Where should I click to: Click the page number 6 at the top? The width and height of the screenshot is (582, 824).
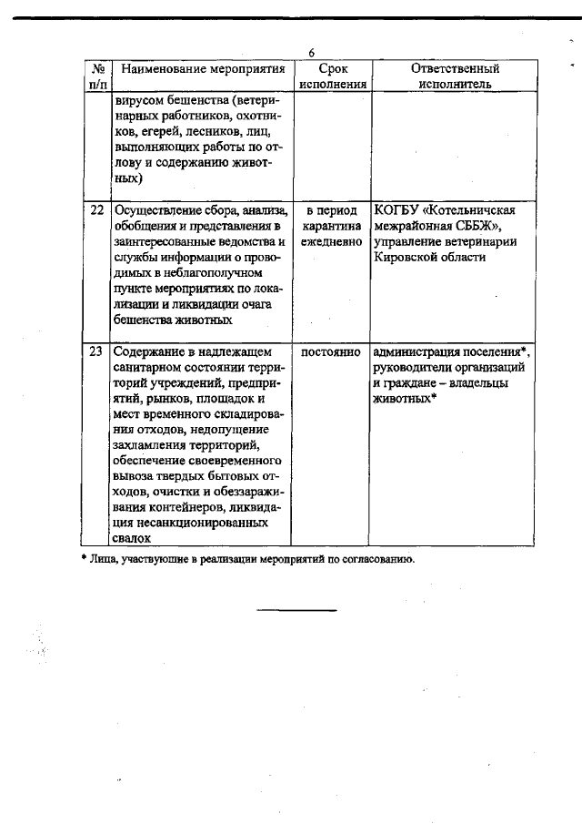[x=311, y=52]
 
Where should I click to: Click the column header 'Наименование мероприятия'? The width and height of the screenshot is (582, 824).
[x=203, y=68]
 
